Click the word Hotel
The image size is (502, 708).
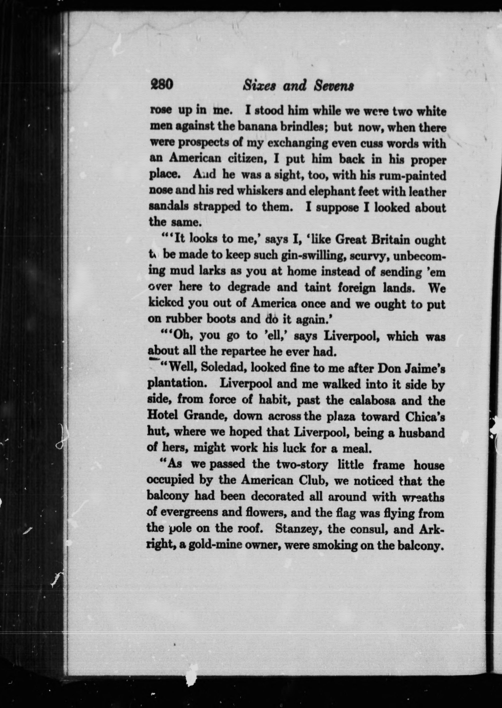point(162,416)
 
